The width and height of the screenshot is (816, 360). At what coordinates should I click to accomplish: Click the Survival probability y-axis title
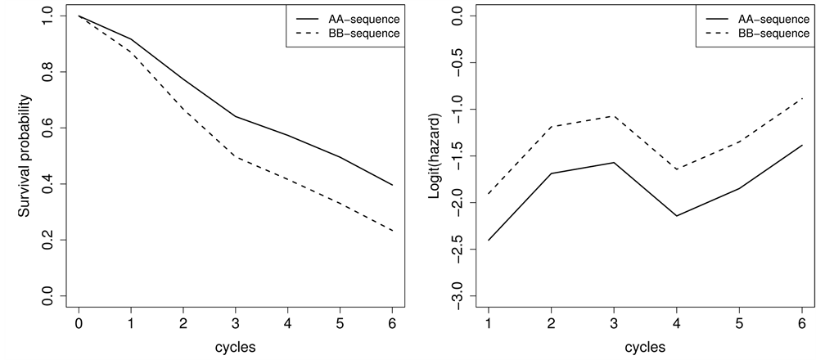point(25,156)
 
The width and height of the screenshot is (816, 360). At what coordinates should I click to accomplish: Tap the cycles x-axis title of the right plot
point(645,347)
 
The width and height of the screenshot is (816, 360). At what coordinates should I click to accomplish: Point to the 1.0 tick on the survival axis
point(50,16)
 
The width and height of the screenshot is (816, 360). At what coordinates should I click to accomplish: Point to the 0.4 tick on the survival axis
point(50,184)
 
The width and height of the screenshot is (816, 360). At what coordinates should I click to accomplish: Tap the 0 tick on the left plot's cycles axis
point(79,324)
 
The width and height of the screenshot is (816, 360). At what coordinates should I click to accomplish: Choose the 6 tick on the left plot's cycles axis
point(393,324)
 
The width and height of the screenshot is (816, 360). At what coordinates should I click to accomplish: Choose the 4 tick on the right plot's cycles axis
point(676,324)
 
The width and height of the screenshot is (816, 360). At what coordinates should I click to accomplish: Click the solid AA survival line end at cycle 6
point(393,185)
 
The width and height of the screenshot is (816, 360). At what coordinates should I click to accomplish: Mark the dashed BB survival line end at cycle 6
point(393,231)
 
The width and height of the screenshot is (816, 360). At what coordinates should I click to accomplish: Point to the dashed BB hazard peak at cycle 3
point(614,116)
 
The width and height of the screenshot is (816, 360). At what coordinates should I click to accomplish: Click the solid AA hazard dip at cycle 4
point(676,216)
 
